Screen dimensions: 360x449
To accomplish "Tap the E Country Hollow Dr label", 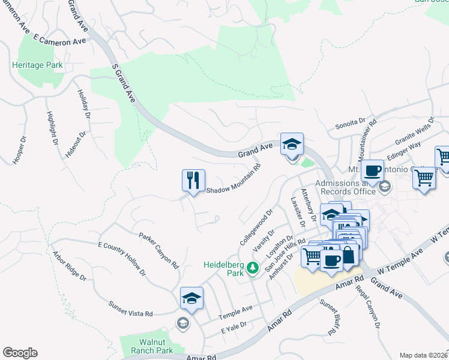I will (x=122, y=259).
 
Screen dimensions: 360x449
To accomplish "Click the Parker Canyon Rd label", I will (x=159, y=250).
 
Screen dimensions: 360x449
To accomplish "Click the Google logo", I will (x=20, y=353).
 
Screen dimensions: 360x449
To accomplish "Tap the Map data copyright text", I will (x=424, y=355).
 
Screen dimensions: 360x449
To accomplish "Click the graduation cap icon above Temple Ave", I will (x=192, y=298).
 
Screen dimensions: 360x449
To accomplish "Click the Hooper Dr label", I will (x=19, y=150).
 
